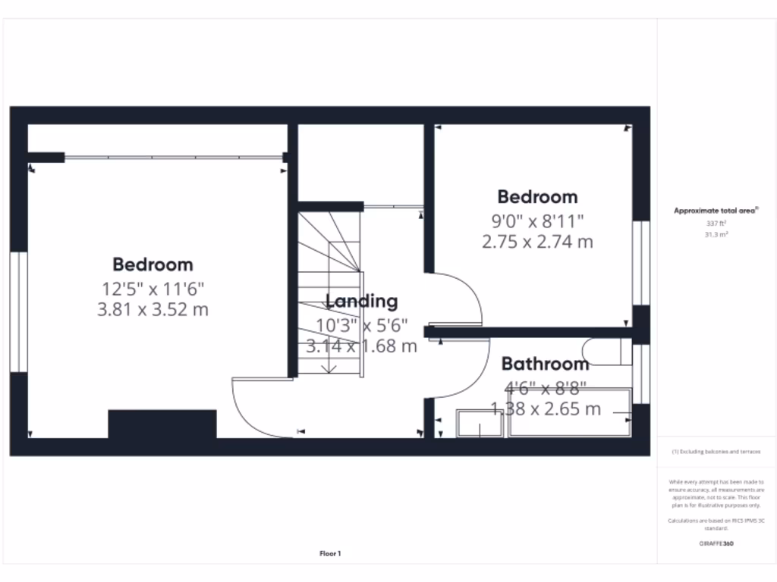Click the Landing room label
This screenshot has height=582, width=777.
click(361, 301)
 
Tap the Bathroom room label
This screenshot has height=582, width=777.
click(545, 364)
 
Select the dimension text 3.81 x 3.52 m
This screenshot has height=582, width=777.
click(153, 309)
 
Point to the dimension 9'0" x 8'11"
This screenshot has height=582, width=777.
click(537, 222)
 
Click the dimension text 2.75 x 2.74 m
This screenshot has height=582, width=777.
click(537, 242)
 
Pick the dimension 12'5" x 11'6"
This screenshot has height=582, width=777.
click(153, 289)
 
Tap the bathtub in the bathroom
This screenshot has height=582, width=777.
click(569, 414)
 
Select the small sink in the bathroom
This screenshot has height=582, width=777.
click(480, 424)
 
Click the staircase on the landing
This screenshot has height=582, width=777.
click(329, 296)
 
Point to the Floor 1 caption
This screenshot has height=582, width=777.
click(330, 554)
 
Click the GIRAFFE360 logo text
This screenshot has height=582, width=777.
click(716, 543)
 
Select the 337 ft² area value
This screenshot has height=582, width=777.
click(716, 224)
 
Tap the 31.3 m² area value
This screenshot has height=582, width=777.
click(716, 234)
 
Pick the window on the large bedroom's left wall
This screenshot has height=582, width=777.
click(18, 312)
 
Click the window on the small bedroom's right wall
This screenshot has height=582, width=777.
click(641, 263)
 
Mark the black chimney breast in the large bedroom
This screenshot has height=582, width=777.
click(162, 424)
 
